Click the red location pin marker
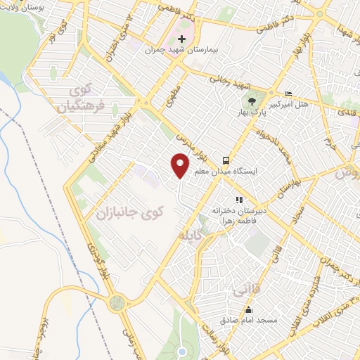181,165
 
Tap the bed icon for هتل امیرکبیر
288,94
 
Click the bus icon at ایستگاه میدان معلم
226,160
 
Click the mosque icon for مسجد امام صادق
247,309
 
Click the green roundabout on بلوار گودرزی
117,302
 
